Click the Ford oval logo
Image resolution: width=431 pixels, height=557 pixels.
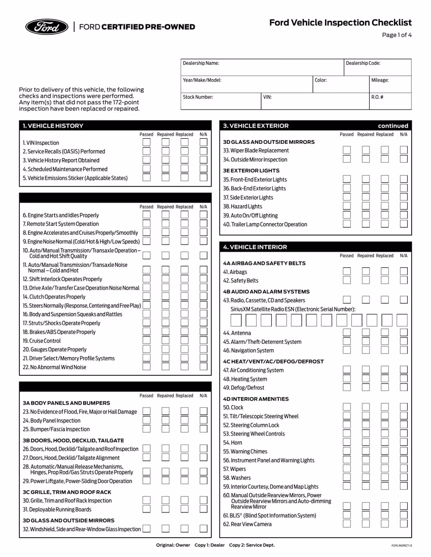[46, 27]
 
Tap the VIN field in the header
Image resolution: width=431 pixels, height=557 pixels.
[314, 101]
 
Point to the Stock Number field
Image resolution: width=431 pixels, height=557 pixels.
[220, 101]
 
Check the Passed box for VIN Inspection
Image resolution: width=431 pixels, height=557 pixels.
[147, 142]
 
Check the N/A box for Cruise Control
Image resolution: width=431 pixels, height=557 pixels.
[203, 341]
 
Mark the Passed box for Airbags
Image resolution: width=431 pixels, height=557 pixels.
[346, 272]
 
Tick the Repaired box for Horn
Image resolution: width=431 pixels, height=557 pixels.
[366, 442]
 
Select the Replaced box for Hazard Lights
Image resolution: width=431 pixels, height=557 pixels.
[385, 206]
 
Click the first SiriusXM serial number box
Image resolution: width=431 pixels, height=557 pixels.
[236, 320]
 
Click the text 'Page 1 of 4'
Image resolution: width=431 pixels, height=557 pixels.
[398, 35]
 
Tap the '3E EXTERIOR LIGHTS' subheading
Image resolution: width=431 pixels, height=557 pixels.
[251, 171]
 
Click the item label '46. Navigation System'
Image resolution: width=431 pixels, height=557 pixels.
[248, 350]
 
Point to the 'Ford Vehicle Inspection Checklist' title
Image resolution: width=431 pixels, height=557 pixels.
[340, 23]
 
